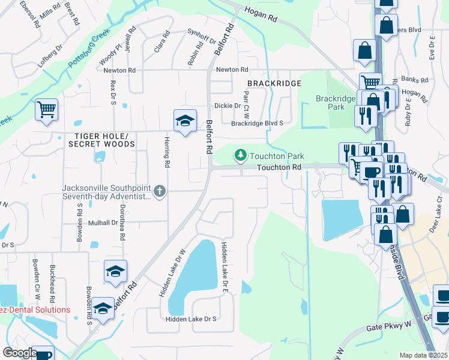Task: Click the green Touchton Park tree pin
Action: click(x=241, y=156)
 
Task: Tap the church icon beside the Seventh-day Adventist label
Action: click(x=159, y=191)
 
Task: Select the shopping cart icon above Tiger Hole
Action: click(x=46, y=110)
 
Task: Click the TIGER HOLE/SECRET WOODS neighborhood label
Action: click(x=101, y=140)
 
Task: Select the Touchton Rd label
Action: click(x=279, y=169)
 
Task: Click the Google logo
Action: click(x=19, y=353)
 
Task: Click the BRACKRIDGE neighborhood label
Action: click(x=274, y=83)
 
